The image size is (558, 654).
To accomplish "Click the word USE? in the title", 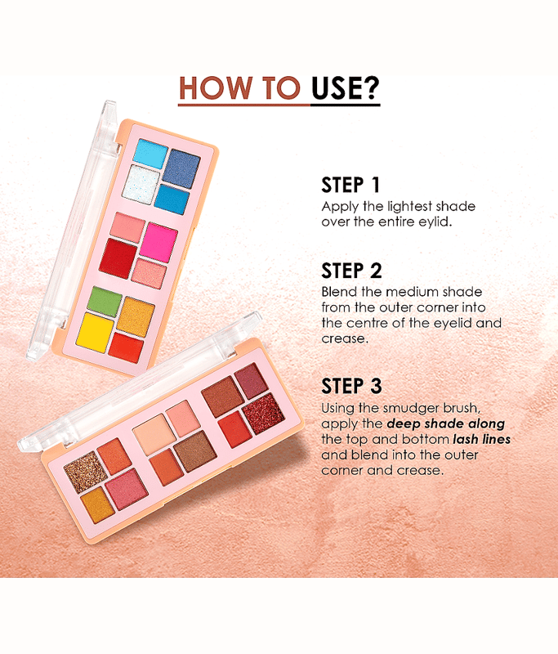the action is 346,88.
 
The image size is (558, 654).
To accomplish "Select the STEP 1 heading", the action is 350,185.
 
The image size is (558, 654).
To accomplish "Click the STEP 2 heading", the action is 351,271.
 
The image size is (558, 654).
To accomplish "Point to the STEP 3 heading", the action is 351,386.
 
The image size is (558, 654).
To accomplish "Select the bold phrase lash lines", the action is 481,439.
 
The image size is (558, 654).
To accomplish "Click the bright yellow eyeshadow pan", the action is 95,333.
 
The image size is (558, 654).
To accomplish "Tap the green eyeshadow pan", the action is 105,301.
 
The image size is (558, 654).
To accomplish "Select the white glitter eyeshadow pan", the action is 141,185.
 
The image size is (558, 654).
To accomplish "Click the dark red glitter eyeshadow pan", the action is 263,413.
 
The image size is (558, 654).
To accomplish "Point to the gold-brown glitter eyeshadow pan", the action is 86,472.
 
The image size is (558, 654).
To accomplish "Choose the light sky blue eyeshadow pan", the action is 150,154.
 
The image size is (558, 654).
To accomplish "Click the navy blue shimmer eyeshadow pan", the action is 181,168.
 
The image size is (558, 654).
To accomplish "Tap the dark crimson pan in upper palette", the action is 118,258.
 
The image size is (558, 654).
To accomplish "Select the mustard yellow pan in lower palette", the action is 98,504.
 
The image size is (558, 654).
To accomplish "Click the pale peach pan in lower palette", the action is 154,435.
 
